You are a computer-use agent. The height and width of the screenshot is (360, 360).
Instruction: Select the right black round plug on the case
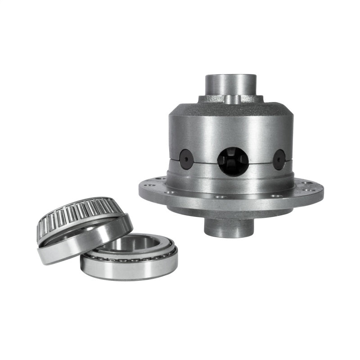(x=279, y=160)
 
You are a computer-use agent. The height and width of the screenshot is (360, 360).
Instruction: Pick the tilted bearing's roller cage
(x=76, y=214)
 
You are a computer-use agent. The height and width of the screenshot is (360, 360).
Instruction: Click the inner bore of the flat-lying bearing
(x=129, y=245)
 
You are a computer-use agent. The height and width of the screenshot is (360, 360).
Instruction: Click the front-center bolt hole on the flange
(x=220, y=197)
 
